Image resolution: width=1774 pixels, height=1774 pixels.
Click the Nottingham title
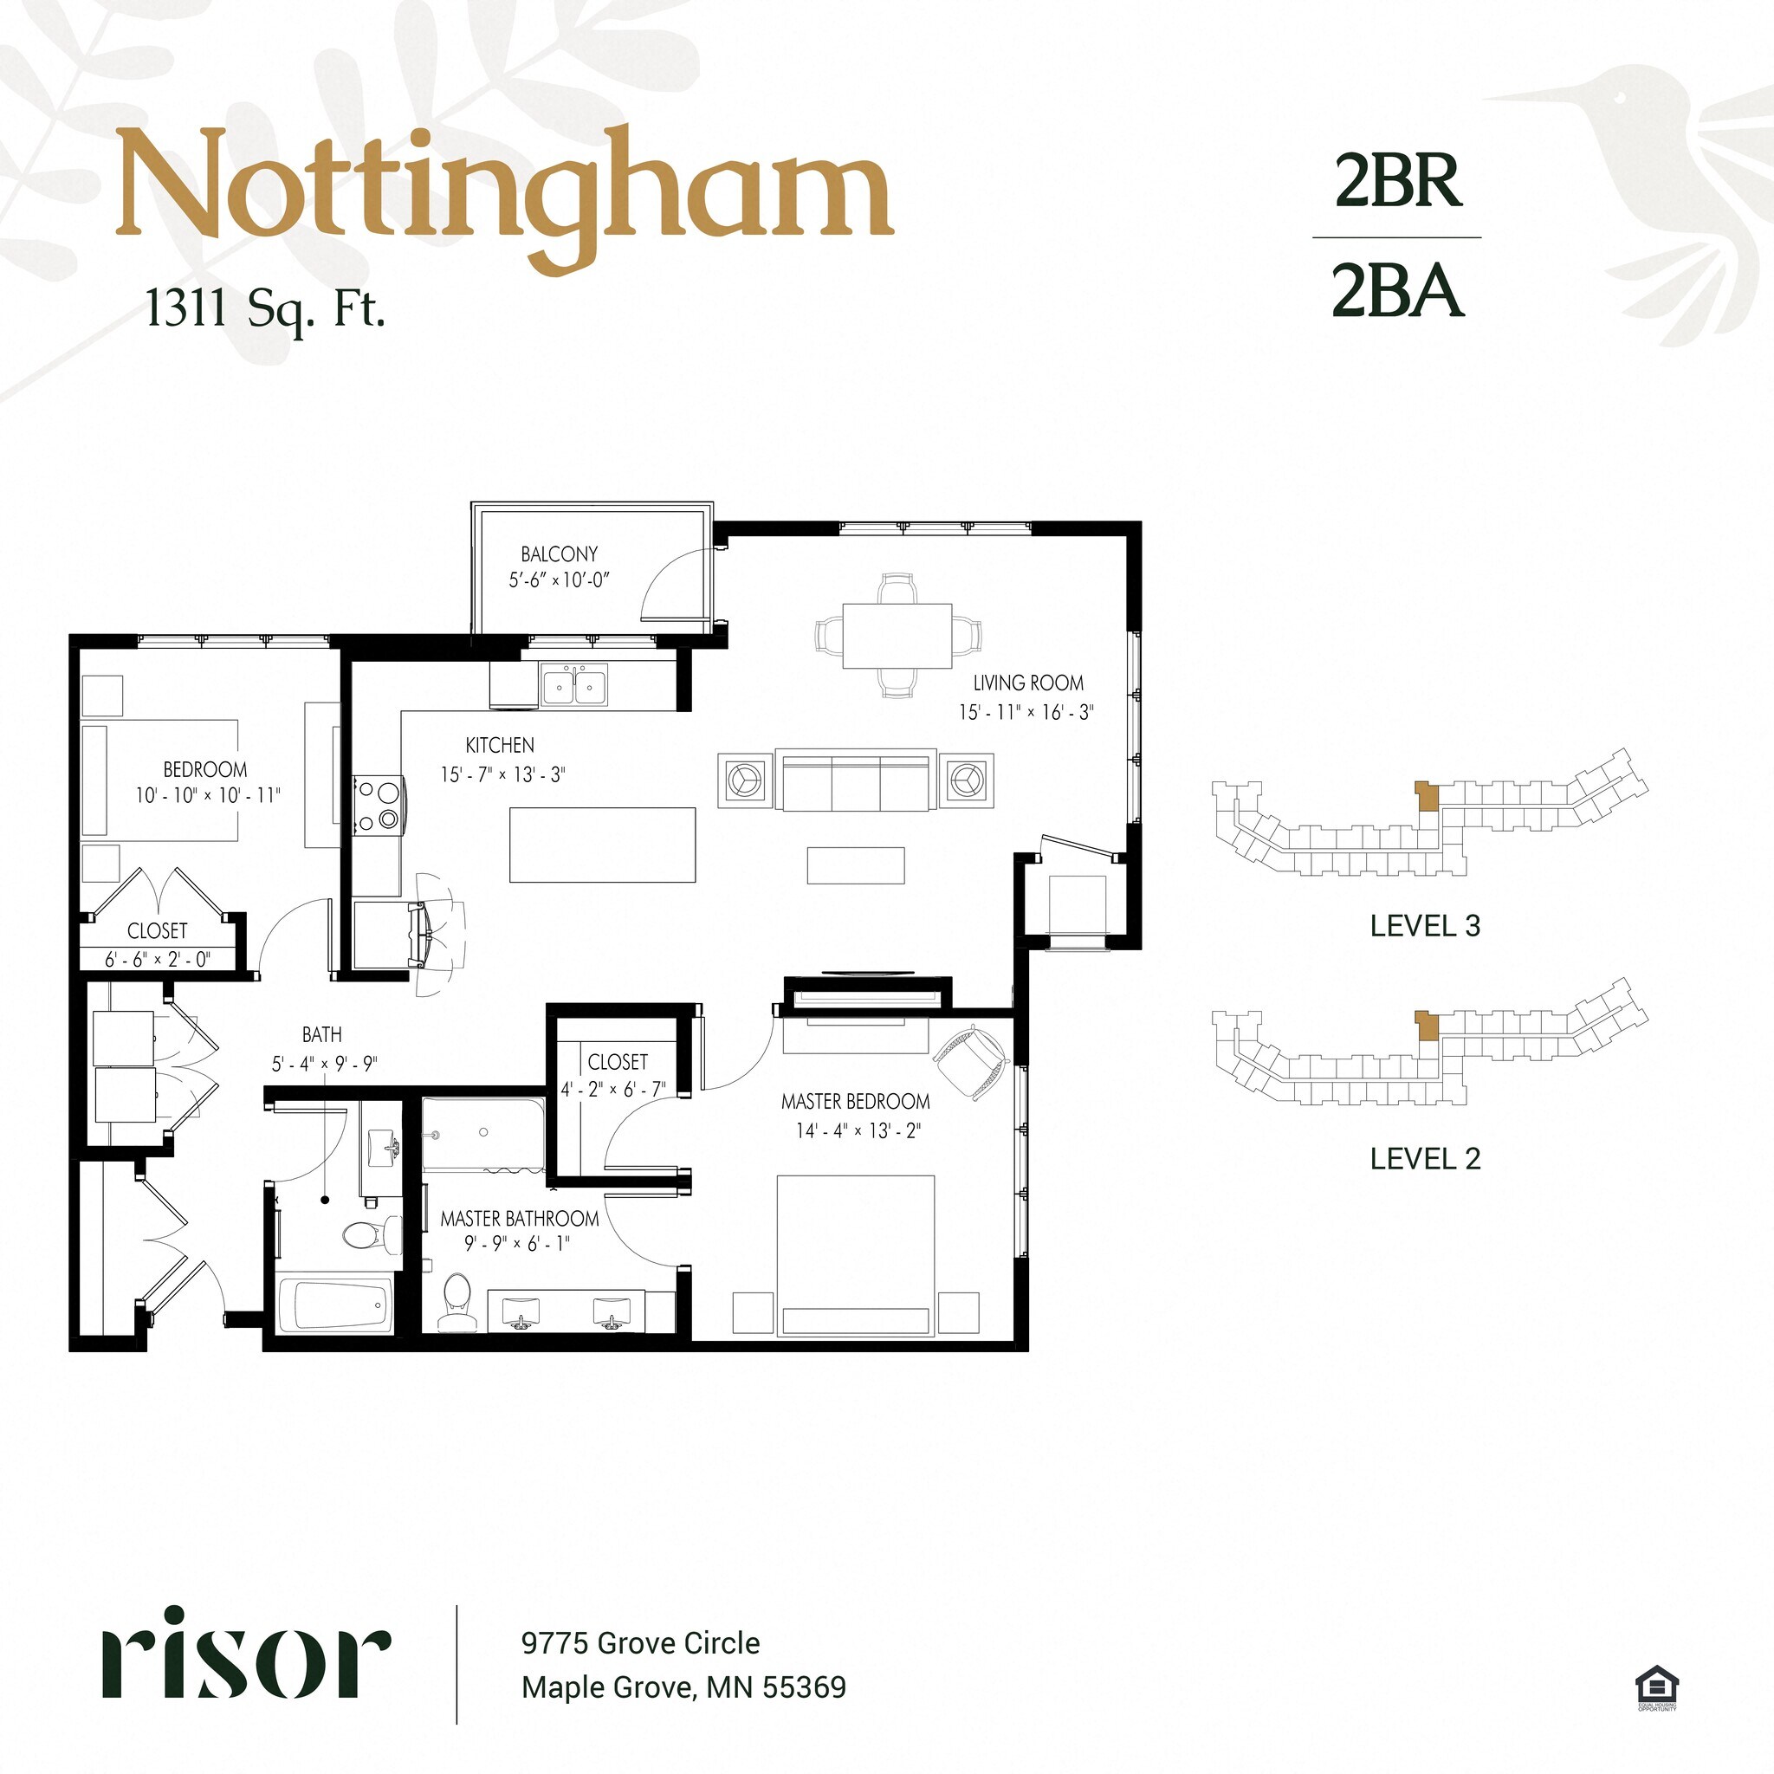click(504, 196)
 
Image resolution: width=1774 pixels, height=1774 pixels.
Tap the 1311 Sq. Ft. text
click(265, 309)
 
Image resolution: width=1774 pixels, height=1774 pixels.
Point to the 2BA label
click(1396, 290)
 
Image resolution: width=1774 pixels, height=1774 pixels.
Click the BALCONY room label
click(560, 554)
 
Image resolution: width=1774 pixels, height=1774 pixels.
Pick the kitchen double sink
click(575, 685)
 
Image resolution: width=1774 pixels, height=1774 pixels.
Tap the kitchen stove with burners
click(379, 806)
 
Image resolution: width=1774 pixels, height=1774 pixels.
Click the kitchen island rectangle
click(602, 845)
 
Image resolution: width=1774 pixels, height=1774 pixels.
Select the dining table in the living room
click(897, 636)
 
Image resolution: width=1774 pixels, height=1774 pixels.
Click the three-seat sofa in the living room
click(856, 779)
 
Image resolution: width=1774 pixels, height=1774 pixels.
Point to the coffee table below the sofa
click(856, 865)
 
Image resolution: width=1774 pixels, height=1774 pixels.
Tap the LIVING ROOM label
click(1028, 683)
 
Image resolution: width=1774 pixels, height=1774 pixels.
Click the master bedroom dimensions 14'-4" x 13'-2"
click(858, 1130)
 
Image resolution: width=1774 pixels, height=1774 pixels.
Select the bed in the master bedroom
click(856, 1255)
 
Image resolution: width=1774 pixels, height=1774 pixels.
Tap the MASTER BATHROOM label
click(520, 1219)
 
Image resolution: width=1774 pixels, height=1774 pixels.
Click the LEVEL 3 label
click(1425, 926)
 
